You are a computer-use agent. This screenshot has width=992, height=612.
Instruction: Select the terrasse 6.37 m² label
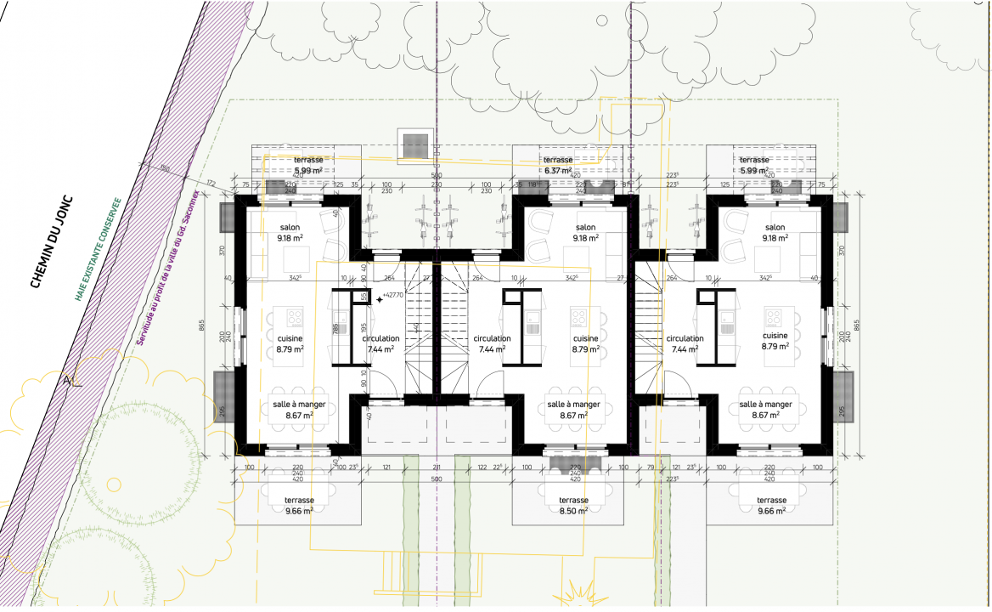pyautogui.click(x=558, y=165)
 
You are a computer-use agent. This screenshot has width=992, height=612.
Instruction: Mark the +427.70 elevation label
pyautogui.click(x=392, y=296)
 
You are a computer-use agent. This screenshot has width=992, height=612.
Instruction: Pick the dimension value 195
pyautogui.click(x=364, y=328)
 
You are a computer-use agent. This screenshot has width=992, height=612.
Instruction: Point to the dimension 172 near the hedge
pyautogui.click(x=210, y=183)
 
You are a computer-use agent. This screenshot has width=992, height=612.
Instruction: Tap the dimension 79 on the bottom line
pyautogui.click(x=651, y=467)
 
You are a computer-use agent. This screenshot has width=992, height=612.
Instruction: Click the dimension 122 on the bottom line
pyautogui.click(x=482, y=467)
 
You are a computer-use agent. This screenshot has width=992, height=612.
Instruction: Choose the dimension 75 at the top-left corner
pyautogui.click(x=244, y=184)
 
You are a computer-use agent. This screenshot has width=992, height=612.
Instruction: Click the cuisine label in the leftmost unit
pyautogui.click(x=290, y=338)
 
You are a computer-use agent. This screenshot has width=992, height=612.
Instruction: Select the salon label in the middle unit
pyautogui.click(x=585, y=228)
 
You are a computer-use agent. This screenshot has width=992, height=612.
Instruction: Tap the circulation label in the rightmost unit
pyautogui.click(x=685, y=338)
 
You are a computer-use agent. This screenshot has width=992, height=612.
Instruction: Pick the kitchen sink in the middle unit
pyautogui.click(x=533, y=323)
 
